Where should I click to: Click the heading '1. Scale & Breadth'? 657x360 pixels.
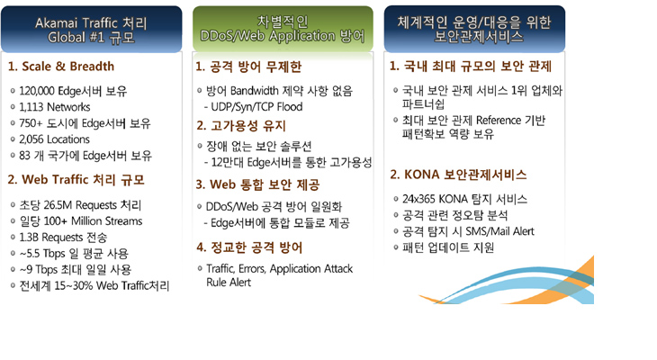[61, 67]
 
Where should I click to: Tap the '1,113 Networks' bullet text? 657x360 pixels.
[55, 107]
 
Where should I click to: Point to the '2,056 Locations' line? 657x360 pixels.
[55, 139]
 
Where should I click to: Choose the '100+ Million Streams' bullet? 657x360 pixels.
[81, 220]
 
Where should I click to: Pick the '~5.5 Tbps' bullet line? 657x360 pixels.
[74, 254]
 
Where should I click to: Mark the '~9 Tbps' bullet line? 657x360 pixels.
[76, 269]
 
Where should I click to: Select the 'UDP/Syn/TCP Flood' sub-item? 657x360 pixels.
[256, 107]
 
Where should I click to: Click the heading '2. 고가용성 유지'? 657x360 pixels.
[241, 126]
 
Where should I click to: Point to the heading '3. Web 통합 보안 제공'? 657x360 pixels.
[257, 184]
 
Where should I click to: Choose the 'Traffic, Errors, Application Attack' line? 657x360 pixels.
[280, 268]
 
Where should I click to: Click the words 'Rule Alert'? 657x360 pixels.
[229, 283]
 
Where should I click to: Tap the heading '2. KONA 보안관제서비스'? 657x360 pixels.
[458, 175]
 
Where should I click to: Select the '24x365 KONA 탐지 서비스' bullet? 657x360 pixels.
[464, 199]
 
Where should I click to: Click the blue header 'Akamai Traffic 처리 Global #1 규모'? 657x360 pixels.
[91, 30]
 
